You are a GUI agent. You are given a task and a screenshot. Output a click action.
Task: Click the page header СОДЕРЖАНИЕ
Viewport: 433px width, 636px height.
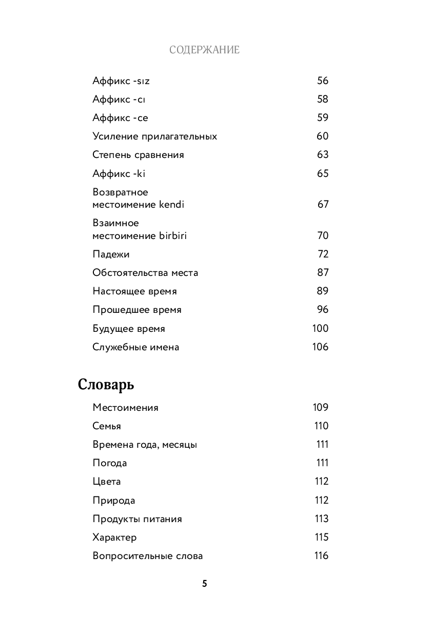(x=204, y=50)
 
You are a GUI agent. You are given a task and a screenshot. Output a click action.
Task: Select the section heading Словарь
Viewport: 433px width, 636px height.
(x=106, y=385)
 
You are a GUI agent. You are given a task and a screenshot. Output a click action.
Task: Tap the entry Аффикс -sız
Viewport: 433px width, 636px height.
(x=121, y=81)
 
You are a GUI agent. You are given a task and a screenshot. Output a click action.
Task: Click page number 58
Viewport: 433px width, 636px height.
(x=322, y=99)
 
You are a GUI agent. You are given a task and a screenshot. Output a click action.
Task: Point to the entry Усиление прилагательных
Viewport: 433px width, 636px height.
(x=154, y=136)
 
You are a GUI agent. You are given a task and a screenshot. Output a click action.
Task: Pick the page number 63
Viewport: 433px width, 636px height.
(x=322, y=155)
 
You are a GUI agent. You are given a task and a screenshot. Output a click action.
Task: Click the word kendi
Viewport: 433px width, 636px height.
(x=171, y=205)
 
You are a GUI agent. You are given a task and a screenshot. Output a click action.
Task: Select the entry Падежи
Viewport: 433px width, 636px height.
(x=111, y=254)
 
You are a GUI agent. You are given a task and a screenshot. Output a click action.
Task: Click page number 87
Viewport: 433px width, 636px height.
(x=322, y=273)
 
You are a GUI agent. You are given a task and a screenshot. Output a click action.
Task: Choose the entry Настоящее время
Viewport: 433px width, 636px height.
(x=134, y=291)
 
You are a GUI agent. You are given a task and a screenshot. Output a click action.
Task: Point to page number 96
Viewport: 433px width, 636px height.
(x=322, y=310)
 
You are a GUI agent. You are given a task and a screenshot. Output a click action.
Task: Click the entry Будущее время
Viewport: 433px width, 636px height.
(x=129, y=329)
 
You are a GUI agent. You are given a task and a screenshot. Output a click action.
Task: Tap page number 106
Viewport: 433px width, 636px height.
(x=320, y=347)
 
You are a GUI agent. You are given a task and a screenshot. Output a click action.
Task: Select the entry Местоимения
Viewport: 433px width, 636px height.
(x=125, y=408)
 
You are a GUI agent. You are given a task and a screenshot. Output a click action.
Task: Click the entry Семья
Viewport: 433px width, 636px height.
(x=107, y=426)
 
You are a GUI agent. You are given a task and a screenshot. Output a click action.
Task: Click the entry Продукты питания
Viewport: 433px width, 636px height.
(x=137, y=519)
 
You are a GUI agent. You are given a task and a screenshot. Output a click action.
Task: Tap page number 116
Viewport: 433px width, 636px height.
(x=321, y=556)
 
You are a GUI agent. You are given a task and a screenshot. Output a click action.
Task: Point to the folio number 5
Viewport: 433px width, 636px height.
(x=204, y=584)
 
